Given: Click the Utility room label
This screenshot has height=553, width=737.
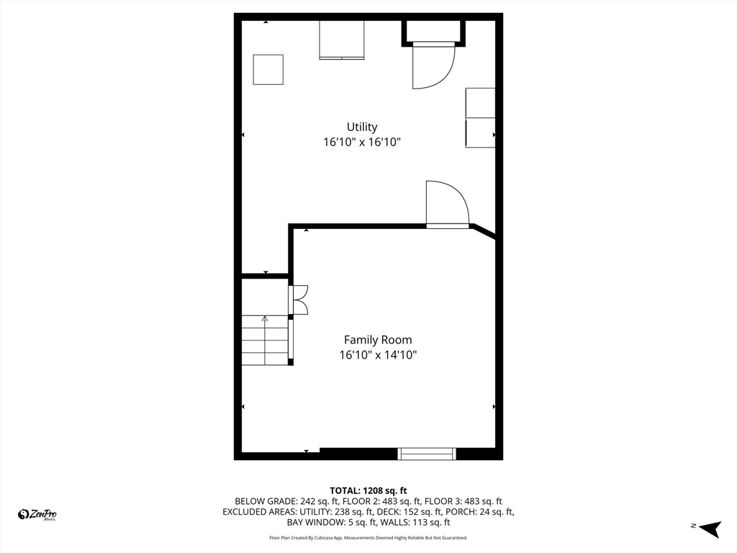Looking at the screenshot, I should [361, 127].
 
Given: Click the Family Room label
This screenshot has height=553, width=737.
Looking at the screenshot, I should [378, 340].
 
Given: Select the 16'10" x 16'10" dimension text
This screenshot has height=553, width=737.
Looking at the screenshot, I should [361, 143].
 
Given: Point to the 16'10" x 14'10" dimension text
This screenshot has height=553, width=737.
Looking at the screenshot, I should [378, 355].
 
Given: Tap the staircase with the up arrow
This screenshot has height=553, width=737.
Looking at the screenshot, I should [265, 340].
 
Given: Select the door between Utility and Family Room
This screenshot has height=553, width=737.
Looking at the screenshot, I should [446, 205].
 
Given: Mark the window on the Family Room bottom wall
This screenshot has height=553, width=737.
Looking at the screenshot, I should [428, 453].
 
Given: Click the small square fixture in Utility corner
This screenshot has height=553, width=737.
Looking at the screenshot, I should [268, 69].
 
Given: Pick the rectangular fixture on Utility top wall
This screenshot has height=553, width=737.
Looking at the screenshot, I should [342, 40].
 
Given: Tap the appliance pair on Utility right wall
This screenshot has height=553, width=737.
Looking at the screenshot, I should [480, 117].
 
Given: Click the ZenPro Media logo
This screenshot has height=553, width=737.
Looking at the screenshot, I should [38, 514].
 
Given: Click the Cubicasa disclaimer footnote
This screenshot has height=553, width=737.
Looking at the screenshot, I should [368, 538].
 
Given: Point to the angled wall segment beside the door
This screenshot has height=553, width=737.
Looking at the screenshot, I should [484, 232].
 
